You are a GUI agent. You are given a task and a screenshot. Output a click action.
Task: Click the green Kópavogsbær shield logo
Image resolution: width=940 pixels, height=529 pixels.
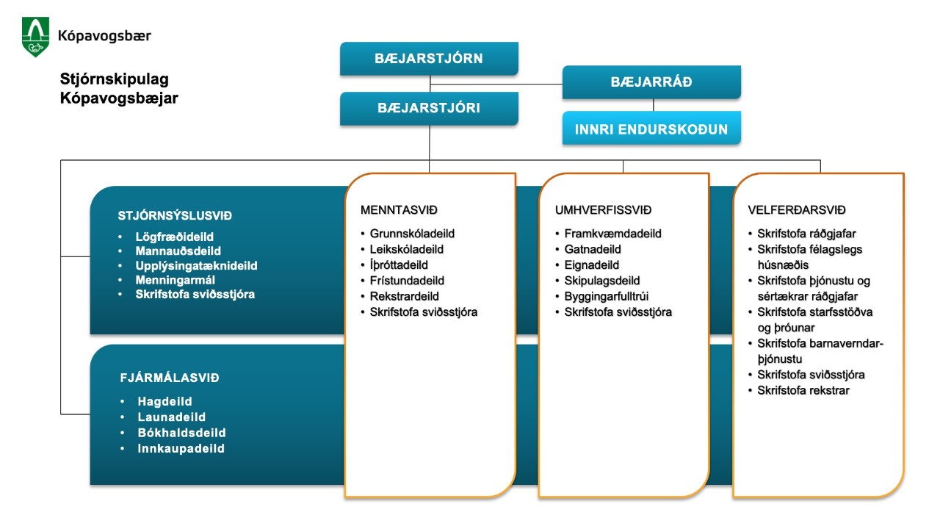point(36,37)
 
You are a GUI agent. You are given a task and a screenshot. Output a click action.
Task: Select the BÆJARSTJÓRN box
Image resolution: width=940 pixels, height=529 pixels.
point(429,58)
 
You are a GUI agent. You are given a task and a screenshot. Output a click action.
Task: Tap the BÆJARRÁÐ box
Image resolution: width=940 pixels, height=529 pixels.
point(651,82)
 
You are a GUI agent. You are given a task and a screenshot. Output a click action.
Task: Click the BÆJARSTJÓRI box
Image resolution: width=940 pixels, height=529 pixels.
point(429,108)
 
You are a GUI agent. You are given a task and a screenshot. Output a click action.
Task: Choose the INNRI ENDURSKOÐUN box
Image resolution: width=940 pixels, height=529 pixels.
point(651,129)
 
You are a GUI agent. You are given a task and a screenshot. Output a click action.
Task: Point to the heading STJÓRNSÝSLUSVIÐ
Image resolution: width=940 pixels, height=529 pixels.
point(175,216)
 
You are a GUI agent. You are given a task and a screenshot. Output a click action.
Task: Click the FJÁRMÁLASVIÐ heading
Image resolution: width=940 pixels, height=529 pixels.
point(170,378)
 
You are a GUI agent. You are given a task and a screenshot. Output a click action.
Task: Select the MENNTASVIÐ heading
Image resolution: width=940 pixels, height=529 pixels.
point(399,210)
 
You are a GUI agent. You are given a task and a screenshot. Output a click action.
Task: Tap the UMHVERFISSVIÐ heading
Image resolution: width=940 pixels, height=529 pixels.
point(603,210)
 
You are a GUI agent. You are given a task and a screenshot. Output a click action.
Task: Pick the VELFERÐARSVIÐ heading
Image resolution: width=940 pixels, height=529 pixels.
point(797,210)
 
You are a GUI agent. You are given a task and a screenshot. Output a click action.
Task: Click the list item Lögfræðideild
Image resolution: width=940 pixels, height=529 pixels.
point(175,237)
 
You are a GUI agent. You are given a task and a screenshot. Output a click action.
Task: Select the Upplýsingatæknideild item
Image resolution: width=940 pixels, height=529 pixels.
point(196,266)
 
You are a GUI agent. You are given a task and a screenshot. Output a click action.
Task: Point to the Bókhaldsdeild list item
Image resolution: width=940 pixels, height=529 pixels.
point(181,433)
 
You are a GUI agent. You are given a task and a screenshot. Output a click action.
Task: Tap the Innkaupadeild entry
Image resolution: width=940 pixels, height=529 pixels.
point(181,448)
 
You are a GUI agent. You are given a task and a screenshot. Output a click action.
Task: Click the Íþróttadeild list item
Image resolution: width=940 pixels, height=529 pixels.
point(399,265)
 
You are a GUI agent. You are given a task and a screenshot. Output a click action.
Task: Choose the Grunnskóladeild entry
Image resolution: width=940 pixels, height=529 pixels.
point(412,234)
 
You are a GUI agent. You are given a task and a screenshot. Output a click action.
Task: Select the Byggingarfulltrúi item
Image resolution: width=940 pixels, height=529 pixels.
point(607,296)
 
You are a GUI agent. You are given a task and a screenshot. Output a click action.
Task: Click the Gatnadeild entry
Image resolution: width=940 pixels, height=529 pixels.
point(593,249)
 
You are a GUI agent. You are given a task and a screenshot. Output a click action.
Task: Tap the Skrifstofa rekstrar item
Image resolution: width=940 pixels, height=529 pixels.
point(803,390)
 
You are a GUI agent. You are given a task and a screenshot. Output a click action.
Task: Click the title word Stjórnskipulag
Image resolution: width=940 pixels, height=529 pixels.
point(115,79)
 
